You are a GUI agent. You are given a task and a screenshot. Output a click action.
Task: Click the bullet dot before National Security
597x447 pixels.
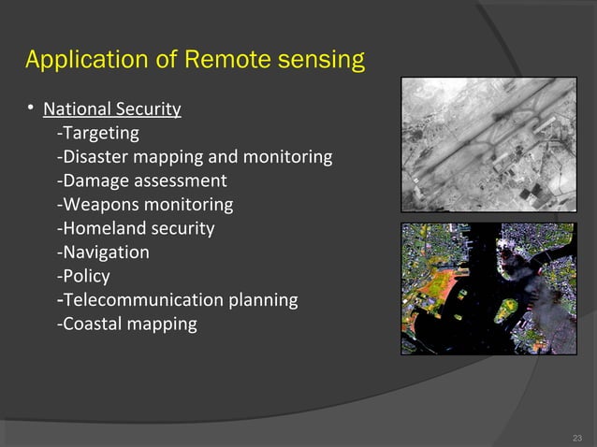(31, 109)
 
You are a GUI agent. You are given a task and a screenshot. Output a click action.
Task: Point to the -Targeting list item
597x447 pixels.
(97, 133)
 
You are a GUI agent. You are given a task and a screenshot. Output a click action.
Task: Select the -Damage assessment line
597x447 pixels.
(141, 180)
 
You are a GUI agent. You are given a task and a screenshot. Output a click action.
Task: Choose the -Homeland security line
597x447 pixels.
(136, 228)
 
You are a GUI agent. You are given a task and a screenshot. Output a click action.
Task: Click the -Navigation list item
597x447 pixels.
(103, 252)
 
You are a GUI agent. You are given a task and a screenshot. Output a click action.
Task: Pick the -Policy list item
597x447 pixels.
(83, 276)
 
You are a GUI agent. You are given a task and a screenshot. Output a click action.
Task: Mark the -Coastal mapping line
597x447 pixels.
(126, 324)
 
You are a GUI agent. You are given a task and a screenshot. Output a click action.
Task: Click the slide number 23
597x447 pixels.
(576, 437)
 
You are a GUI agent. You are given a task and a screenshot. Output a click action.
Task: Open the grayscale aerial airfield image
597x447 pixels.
(488, 145)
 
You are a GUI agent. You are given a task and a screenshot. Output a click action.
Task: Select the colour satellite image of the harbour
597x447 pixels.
(488, 289)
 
